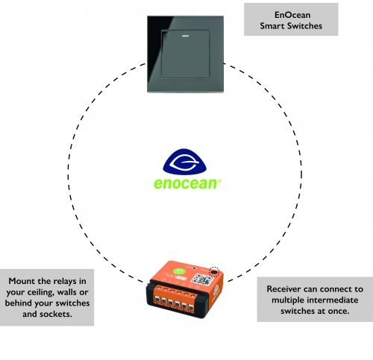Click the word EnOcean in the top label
(x=292, y=14)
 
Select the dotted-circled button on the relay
(x=216, y=274)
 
